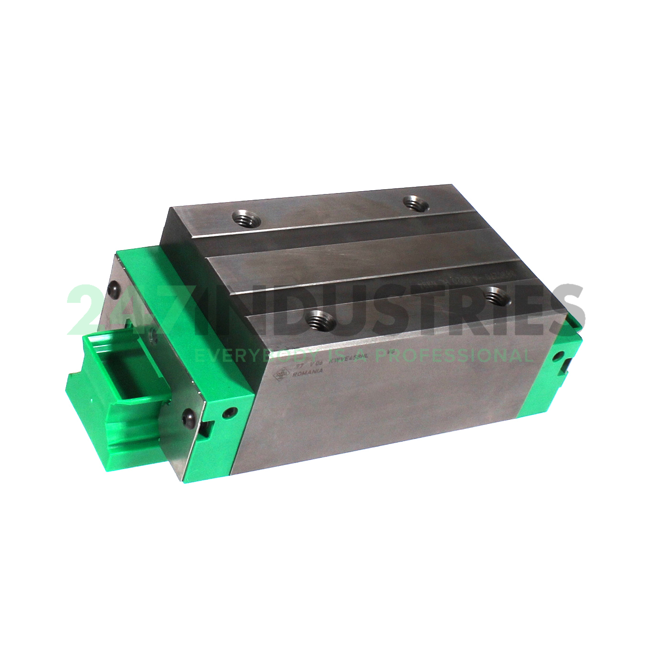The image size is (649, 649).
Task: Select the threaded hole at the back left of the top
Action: coord(246,219)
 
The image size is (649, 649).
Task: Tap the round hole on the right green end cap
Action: coord(560,356)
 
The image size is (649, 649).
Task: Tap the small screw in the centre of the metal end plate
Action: coord(152,336)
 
